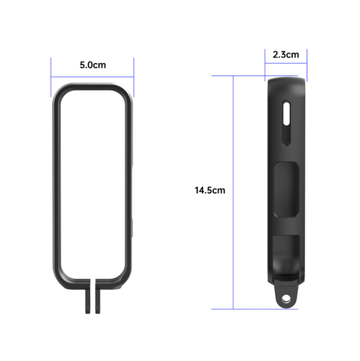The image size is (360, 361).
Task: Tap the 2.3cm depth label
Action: (285, 55)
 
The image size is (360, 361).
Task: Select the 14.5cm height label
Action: (210, 191)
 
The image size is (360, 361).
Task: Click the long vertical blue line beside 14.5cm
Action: (233, 193)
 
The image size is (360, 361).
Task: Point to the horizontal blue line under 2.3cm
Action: (285, 63)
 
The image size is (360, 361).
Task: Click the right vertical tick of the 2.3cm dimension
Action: (307, 64)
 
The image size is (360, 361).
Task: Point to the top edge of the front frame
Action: (93, 86)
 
